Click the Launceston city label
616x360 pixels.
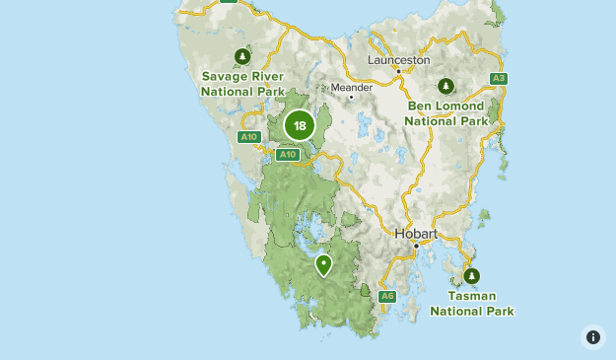pos(398,59)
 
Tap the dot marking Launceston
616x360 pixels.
pos(399,71)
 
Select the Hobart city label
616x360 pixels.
pos(415,234)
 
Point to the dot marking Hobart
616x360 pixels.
pos(416,245)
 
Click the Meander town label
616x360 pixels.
pos(352,87)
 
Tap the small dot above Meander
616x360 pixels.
pos(351,97)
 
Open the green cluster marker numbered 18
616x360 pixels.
pos(300,125)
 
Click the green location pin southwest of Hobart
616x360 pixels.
pos(323,264)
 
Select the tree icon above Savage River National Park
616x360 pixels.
pos(242,56)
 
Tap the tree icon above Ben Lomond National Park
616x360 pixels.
pos(445,86)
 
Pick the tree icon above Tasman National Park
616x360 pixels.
pos(471,276)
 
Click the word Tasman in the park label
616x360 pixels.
pos(471,296)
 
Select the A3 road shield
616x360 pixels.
pos(499,78)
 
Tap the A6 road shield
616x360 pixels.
pos(387,296)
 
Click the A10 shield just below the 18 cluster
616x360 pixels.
pos(287,155)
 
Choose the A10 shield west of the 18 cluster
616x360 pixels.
pos(248,137)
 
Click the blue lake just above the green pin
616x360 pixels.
pos(313,234)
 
